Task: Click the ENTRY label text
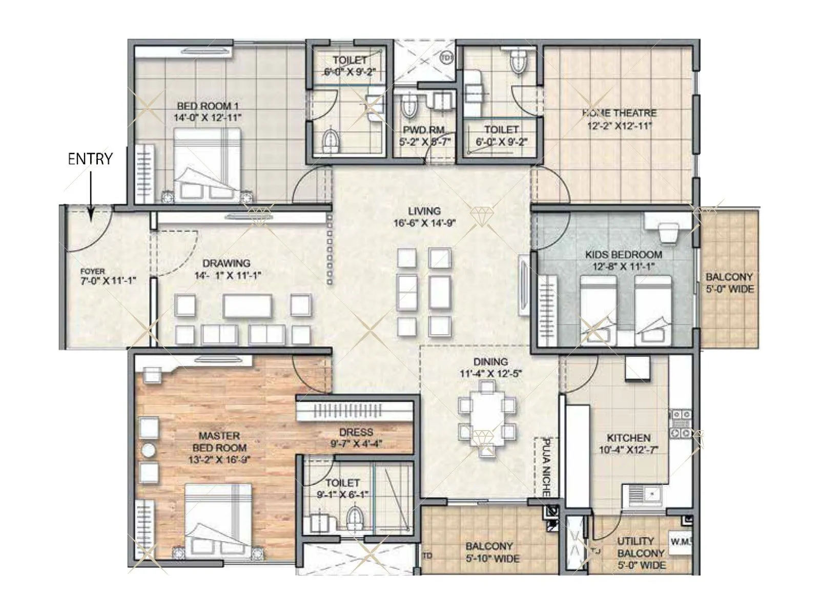click(x=90, y=159)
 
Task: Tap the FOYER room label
click(x=93, y=272)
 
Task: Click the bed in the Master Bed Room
click(x=218, y=518)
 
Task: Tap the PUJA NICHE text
click(x=546, y=467)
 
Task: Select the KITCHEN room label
click(x=629, y=438)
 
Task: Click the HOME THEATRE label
click(x=619, y=113)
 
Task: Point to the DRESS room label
click(x=356, y=432)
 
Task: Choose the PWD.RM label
click(x=423, y=130)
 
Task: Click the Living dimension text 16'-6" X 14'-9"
click(x=424, y=223)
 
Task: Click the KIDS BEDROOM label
click(x=624, y=255)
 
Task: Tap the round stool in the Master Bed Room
click(x=149, y=450)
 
